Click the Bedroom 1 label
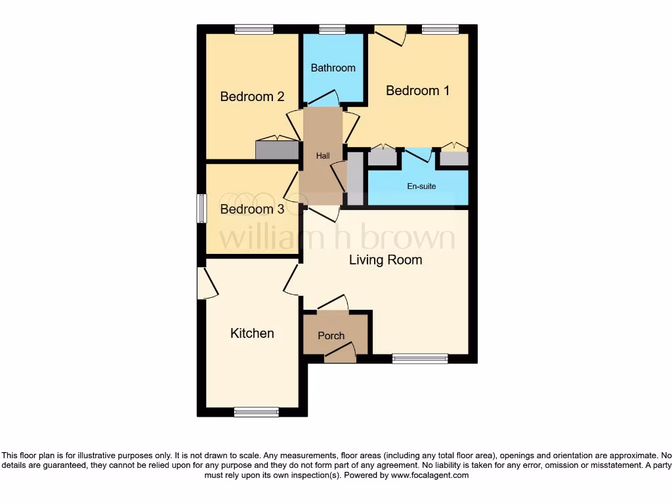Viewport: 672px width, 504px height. [x=417, y=91]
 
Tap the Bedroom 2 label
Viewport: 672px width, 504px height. [x=252, y=96]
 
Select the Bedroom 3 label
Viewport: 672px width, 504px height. [x=252, y=209]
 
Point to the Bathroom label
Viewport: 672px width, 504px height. [x=333, y=68]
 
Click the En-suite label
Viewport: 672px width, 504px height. [x=421, y=186]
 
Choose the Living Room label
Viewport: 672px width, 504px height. [x=385, y=260]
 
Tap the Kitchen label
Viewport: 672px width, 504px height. [x=252, y=333]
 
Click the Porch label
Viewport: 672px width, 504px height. [x=331, y=335]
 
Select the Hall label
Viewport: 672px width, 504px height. [x=323, y=156]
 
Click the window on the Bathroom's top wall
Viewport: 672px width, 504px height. [x=332, y=29]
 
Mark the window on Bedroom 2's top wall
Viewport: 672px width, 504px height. [x=254, y=29]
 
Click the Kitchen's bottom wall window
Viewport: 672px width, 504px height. [x=256, y=412]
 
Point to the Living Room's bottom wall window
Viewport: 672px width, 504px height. [x=420, y=358]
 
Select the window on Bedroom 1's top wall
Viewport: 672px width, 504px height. [x=440, y=29]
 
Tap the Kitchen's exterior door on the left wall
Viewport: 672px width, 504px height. [x=207, y=283]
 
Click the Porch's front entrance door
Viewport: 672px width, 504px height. [x=340, y=353]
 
